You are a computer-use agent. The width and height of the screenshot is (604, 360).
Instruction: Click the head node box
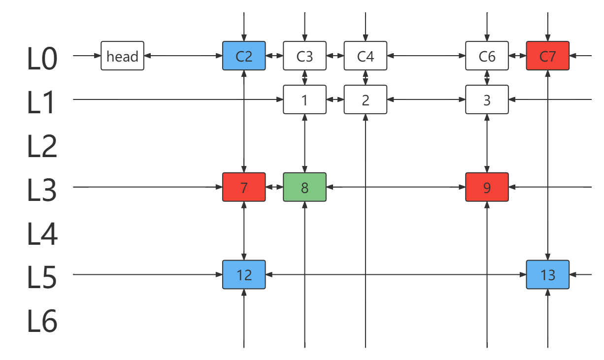click(x=122, y=56)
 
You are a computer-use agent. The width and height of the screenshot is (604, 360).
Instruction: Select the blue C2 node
click(x=244, y=56)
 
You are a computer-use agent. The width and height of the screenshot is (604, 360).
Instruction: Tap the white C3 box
click(x=304, y=56)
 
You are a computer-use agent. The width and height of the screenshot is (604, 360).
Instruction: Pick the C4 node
click(x=366, y=56)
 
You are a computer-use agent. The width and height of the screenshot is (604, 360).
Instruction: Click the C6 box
click(x=487, y=56)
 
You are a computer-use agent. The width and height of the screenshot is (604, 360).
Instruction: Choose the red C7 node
click(x=548, y=56)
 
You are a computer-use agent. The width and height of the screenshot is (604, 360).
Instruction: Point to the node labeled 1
click(x=304, y=99)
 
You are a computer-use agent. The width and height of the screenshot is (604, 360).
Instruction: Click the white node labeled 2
click(x=366, y=99)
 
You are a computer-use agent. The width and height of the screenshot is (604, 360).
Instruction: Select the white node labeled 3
click(x=487, y=99)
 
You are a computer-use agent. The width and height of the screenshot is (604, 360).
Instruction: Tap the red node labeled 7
click(x=244, y=187)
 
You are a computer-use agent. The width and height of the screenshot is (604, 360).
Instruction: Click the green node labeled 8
click(x=304, y=187)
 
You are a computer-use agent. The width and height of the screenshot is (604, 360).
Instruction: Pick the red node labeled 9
click(x=487, y=187)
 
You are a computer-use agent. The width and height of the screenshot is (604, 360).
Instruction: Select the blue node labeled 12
click(x=244, y=275)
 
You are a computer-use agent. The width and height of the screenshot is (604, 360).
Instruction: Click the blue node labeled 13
click(x=548, y=275)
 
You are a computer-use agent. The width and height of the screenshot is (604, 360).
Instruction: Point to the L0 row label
click(x=42, y=58)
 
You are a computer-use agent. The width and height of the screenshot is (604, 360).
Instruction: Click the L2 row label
click(x=42, y=146)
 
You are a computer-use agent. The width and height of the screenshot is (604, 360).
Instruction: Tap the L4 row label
click(x=42, y=233)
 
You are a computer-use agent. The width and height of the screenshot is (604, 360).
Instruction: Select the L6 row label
click(x=42, y=321)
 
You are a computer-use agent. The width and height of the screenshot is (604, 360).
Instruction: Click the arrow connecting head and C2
click(x=183, y=56)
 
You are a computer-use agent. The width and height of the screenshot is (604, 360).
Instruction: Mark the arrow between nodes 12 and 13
click(x=396, y=275)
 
